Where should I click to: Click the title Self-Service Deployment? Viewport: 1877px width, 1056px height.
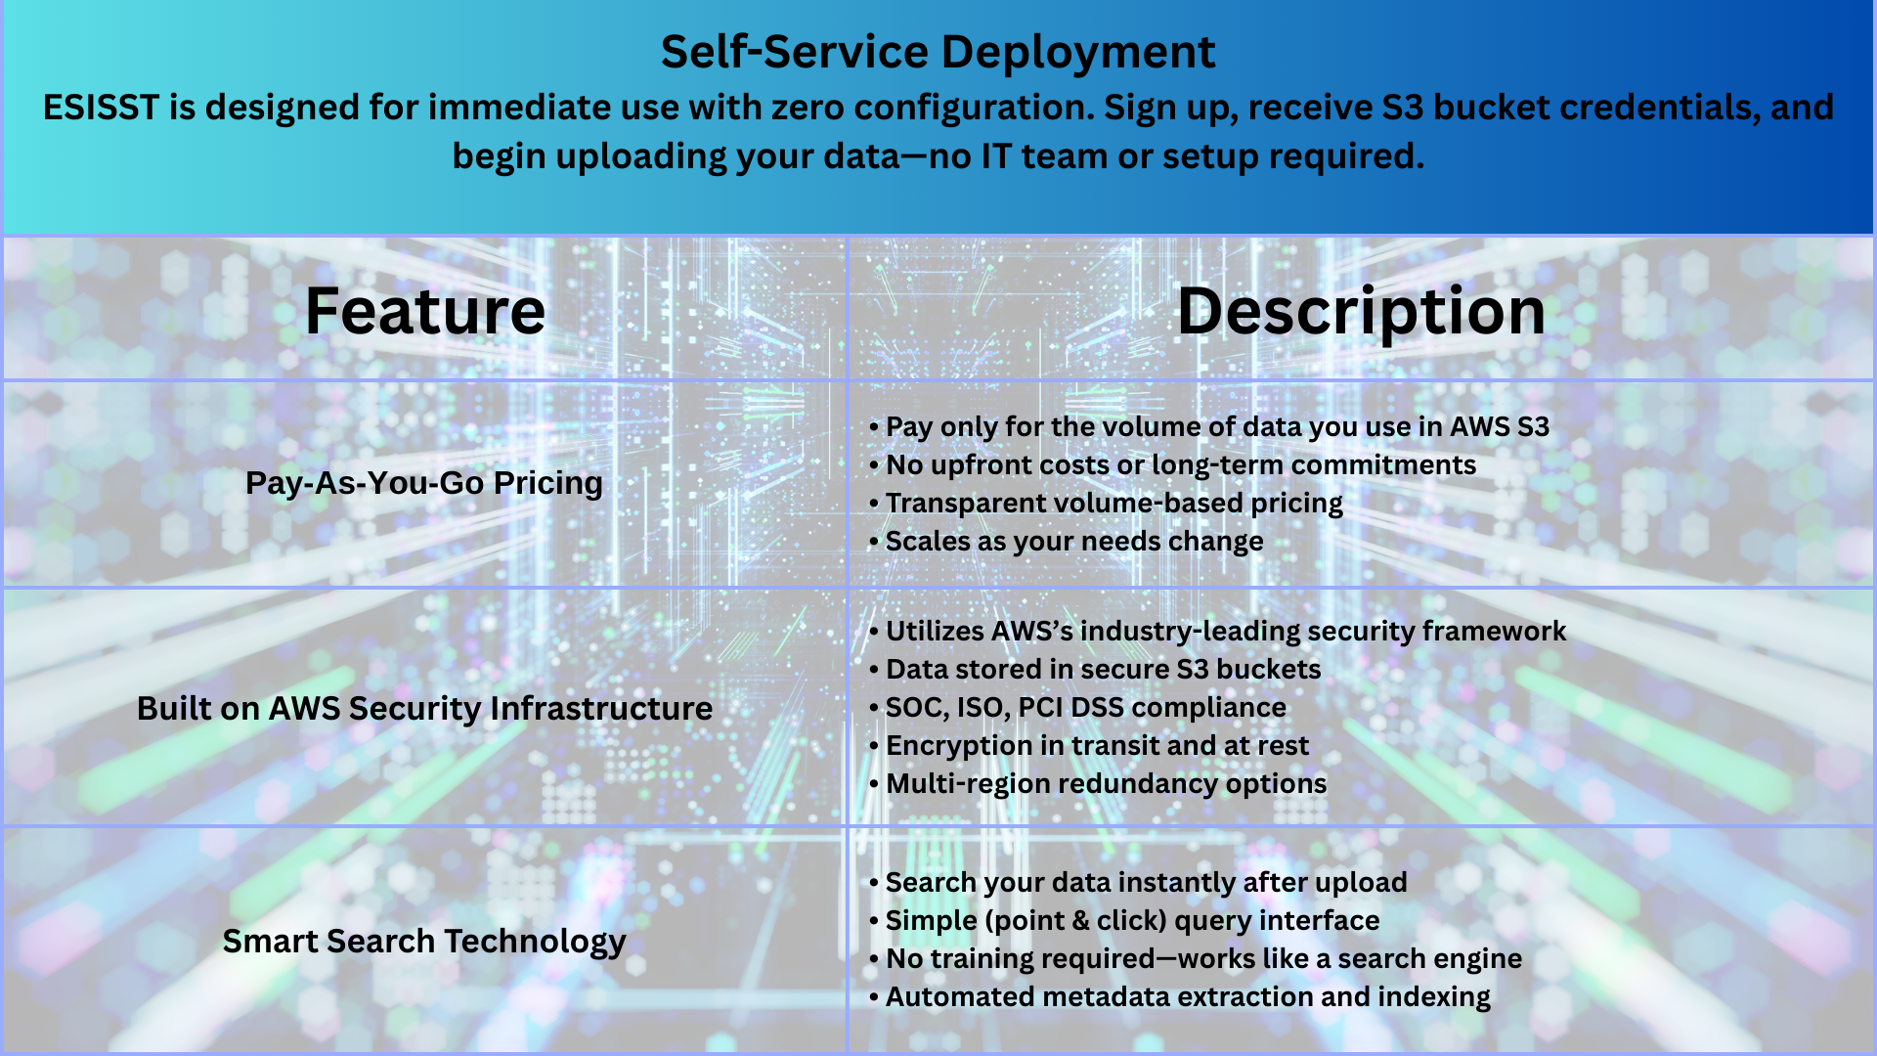click(x=938, y=52)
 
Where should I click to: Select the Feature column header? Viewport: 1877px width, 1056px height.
click(x=425, y=311)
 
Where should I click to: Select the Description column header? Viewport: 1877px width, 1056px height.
click(x=1361, y=313)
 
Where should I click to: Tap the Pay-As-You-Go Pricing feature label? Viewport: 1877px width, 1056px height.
click(x=424, y=483)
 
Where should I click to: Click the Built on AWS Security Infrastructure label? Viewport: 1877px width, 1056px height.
click(x=424, y=708)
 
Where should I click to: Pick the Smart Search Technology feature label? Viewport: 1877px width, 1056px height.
click(x=424, y=941)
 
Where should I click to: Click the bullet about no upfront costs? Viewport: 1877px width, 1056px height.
click(x=1172, y=465)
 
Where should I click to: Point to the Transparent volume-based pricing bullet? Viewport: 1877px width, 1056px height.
click(x=1106, y=504)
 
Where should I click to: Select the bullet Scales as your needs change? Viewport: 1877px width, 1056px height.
click(x=1066, y=542)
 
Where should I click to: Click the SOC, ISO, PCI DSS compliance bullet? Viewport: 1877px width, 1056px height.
click(x=1077, y=708)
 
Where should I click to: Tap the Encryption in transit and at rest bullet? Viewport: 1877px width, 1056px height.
click(x=1089, y=746)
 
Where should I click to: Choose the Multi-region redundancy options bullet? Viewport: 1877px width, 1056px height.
click(x=1098, y=784)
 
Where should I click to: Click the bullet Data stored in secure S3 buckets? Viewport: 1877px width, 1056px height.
click(x=1095, y=670)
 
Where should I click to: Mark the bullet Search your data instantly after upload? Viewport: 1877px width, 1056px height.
click(x=1138, y=883)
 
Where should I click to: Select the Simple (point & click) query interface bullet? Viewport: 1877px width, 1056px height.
click(x=1124, y=921)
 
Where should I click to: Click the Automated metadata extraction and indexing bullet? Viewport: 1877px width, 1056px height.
click(x=1180, y=997)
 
